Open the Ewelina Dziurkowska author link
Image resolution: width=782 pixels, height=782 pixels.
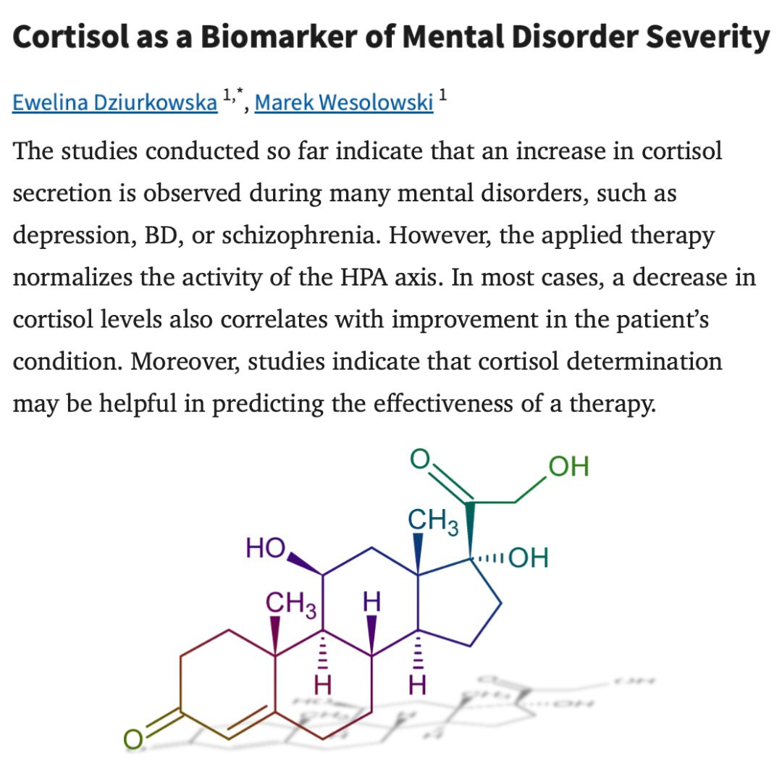114,103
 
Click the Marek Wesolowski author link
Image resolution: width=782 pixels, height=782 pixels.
344,103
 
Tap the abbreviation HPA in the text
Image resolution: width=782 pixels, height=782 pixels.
363,277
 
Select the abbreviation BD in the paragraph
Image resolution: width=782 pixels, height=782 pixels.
160,236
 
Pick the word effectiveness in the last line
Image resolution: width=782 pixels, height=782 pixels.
443,403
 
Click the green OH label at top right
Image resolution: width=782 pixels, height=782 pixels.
568,466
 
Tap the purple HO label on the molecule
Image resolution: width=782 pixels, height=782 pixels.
266,547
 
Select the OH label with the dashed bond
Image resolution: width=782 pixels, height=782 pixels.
529,558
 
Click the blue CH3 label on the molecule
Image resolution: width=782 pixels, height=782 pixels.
433,521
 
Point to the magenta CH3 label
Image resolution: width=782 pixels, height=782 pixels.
291,604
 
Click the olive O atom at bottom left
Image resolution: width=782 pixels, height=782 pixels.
133,739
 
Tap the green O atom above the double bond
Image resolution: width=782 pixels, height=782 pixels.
419,458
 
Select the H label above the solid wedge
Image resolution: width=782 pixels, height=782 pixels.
371,602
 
